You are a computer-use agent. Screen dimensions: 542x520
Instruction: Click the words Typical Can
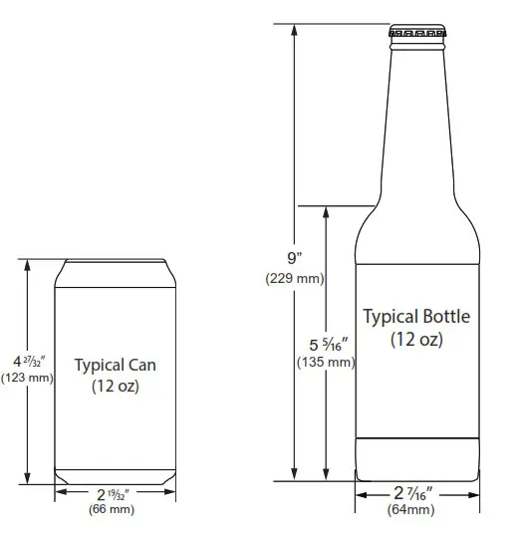(115, 366)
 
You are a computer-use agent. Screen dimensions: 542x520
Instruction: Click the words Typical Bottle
(415, 317)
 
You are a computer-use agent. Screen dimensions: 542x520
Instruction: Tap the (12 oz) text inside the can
(115, 387)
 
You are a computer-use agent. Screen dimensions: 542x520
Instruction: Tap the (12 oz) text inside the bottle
(416, 339)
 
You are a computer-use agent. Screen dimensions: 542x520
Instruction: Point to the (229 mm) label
(294, 278)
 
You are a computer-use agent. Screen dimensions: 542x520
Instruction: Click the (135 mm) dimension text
(326, 362)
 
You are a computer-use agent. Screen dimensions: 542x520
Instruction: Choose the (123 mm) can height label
(27, 378)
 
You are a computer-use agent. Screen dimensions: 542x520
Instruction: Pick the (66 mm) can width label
(113, 510)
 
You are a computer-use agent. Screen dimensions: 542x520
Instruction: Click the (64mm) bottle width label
(411, 510)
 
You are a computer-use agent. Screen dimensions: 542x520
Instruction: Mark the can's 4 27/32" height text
(26, 360)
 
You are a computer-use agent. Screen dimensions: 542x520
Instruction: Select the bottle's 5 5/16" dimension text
(327, 344)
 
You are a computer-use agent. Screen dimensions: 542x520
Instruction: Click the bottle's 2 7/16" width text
(412, 493)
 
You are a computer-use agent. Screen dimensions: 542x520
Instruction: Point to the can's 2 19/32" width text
(113, 494)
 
